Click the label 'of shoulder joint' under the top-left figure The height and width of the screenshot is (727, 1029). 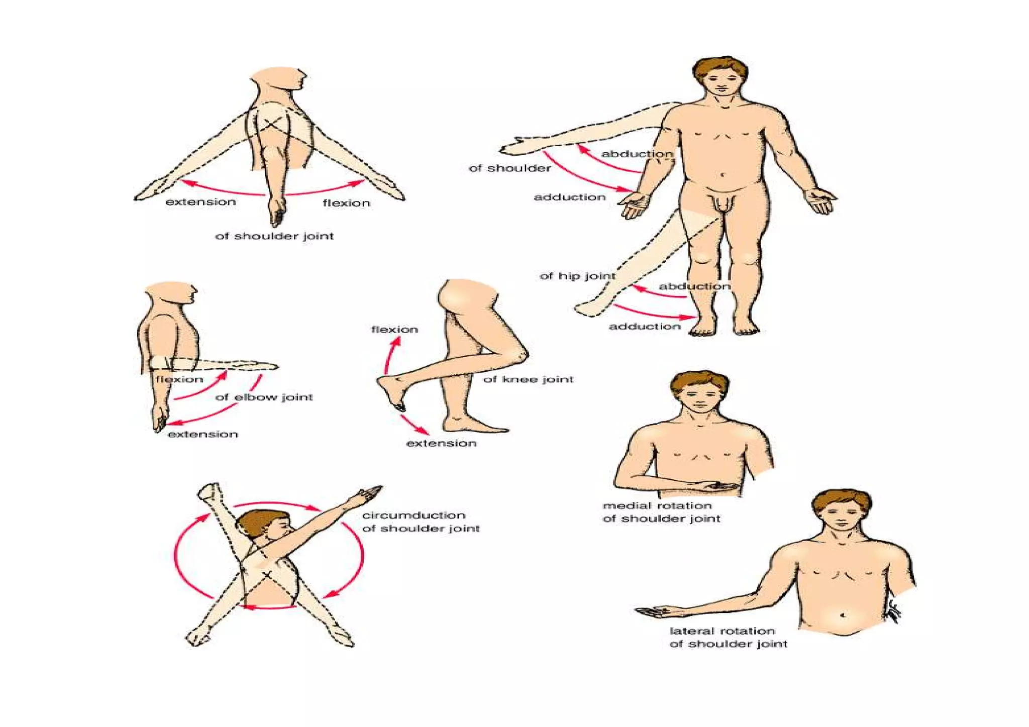point(274,236)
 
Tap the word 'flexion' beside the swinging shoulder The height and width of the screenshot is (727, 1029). point(346,203)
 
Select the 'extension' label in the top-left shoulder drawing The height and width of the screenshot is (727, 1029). point(200,202)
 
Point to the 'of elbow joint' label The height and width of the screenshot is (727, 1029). point(264,397)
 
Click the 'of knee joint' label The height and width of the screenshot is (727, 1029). point(528,379)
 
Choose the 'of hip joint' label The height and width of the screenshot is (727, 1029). point(577,276)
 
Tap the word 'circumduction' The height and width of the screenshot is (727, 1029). point(414,515)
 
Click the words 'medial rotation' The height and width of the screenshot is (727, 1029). point(657,505)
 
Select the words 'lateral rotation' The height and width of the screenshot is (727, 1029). point(722,631)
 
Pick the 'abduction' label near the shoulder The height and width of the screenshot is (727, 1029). point(637,154)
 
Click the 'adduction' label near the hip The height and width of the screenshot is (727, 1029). point(645,327)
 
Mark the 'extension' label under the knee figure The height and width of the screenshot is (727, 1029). point(441,443)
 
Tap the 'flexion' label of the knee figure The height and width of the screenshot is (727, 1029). point(394,330)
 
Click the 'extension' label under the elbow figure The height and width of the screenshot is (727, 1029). point(202,434)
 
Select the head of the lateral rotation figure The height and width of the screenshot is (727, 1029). point(842,512)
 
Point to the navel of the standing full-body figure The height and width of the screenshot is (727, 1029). point(723,175)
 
